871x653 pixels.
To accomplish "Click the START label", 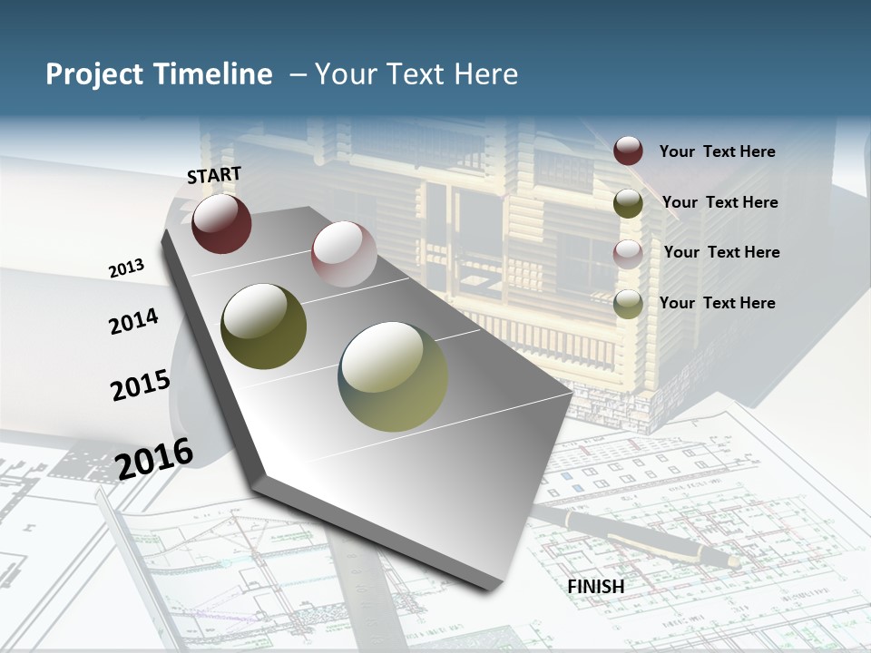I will coord(214,175).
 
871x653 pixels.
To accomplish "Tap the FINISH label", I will coord(596,587).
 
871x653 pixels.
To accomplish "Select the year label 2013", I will coord(126,268).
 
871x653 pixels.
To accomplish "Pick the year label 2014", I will coord(133,321).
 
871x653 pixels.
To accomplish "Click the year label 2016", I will coord(155,459).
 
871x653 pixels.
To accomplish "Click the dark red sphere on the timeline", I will coord(221,223).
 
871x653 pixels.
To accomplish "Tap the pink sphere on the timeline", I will coord(344,254).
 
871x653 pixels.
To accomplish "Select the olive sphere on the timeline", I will coord(264,326).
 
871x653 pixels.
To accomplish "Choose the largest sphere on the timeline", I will coord(393,376).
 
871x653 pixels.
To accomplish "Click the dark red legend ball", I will coord(628,151).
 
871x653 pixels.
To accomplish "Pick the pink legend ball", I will coord(628,254).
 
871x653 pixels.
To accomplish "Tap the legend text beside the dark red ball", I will coord(717,151).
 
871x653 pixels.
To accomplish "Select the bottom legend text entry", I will coord(717,303).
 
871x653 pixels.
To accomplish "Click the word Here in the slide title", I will coord(485,74).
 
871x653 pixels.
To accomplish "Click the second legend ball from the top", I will coord(628,203).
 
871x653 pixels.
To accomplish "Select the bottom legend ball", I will coord(628,305).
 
